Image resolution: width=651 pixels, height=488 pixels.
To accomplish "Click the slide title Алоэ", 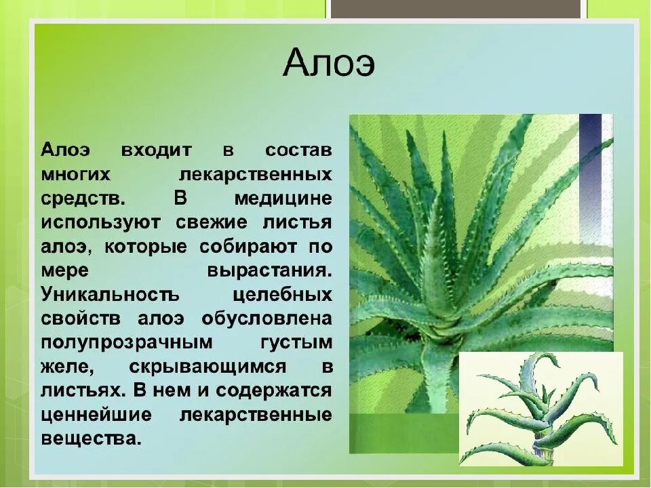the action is (x=329, y=63).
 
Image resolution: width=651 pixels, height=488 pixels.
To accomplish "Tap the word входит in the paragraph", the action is (x=157, y=150).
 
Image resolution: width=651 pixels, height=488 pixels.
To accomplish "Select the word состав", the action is (x=298, y=150).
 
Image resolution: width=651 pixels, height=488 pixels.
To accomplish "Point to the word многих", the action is (x=76, y=174).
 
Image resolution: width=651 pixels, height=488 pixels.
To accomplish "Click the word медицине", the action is (x=283, y=199).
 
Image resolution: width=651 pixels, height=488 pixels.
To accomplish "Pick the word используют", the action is (x=100, y=223).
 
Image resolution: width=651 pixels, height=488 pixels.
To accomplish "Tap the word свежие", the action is (x=212, y=223).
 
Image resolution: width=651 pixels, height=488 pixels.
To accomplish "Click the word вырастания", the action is (x=270, y=271).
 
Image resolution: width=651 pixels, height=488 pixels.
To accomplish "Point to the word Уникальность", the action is (x=110, y=295).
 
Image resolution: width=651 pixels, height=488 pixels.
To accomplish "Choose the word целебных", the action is (x=282, y=295).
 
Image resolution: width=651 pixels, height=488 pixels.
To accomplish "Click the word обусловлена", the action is (x=267, y=319).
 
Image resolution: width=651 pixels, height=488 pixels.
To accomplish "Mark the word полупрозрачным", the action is (x=127, y=343).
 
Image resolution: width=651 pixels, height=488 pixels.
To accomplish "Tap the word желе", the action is (x=68, y=367).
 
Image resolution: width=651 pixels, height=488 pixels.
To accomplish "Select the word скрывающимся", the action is (x=208, y=367).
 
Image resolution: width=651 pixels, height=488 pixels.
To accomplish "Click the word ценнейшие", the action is (x=96, y=415).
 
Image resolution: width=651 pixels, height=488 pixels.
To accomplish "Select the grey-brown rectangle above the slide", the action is (x=456, y=9).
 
